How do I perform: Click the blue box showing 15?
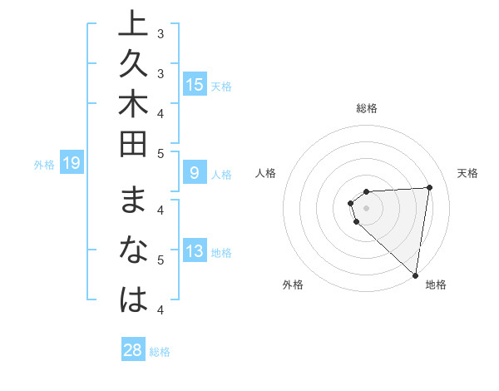pos(195,84)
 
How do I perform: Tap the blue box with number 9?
pos(195,173)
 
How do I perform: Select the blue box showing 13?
pos(195,251)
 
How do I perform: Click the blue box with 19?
pos(72,163)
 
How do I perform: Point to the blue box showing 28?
pos(133,350)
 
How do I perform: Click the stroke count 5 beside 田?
pos(160,152)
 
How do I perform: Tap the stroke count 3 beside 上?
pos(160,34)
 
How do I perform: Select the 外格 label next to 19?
pos(44,165)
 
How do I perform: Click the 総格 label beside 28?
pos(160,352)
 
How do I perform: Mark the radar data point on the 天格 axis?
pos(429,187)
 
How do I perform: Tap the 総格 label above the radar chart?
pos(366,108)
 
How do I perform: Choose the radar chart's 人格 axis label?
pos(266,173)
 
